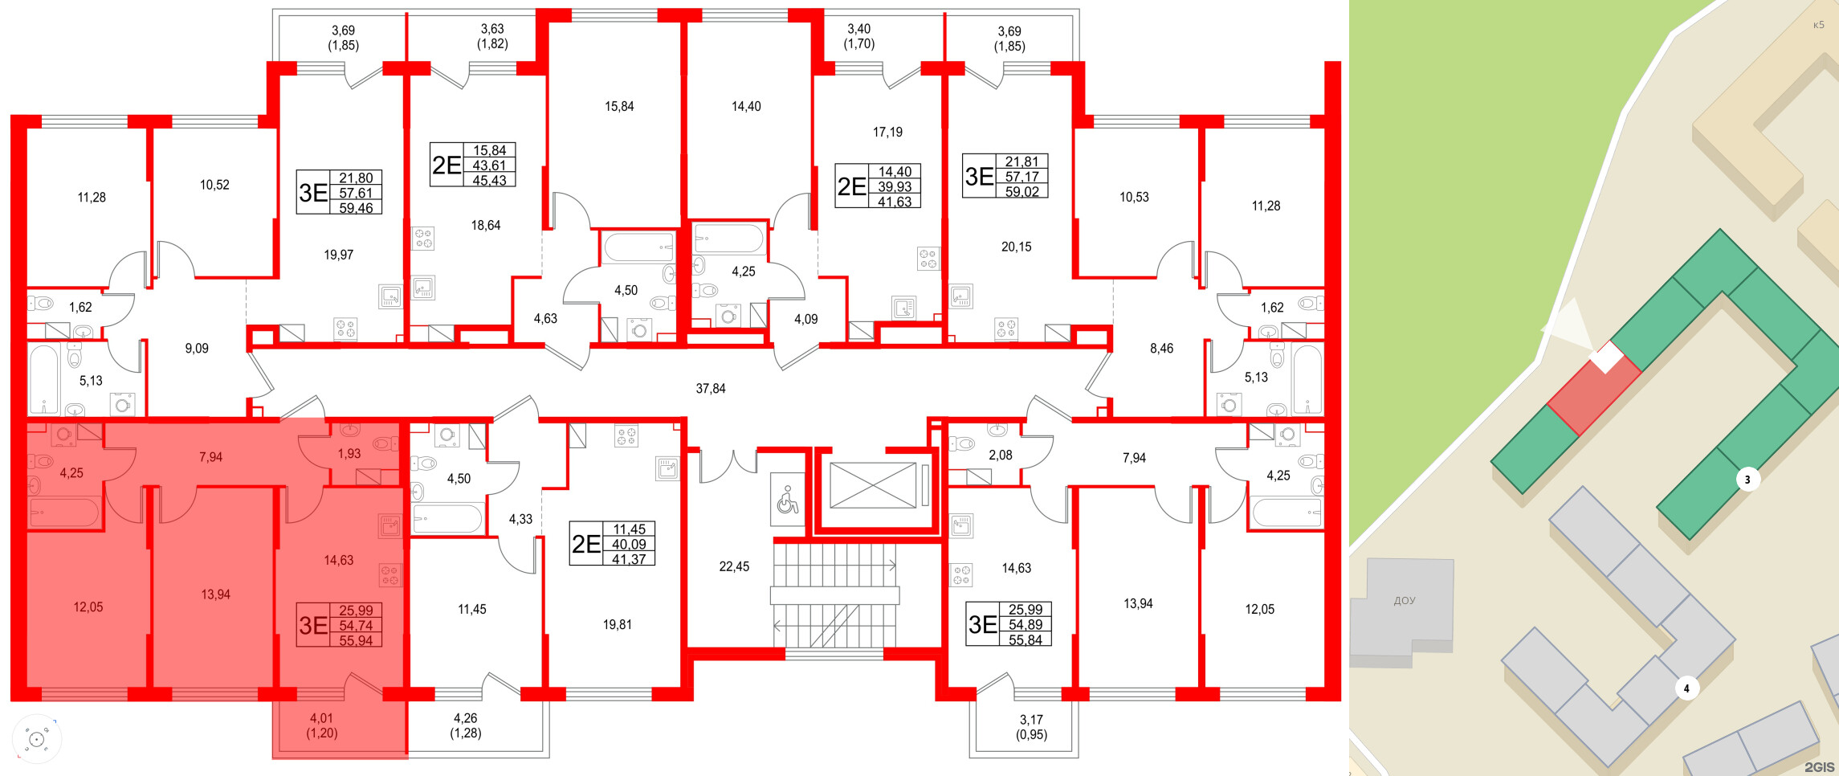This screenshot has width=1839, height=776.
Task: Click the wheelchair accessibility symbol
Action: pyautogui.click(x=787, y=500)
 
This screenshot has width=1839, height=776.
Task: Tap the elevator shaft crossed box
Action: pyautogui.click(x=873, y=485)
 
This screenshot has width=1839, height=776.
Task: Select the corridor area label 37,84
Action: pyautogui.click(x=710, y=389)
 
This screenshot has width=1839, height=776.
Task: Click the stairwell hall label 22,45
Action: pyautogui.click(x=734, y=567)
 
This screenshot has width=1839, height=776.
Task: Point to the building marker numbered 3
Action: pyautogui.click(x=1747, y=480)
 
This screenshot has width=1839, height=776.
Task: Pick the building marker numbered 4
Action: pyautogui.click(x=1686, y=688)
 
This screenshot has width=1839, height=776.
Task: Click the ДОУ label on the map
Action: pyautogui.click(x=1405, y=601)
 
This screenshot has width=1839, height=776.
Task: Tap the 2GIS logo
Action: pyautogui.click(x=1819, y=767)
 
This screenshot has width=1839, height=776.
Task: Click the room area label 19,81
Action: pyautogui.click(x=617, y=625)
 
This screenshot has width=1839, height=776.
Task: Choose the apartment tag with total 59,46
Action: pyautogui.click(x=339, y=193)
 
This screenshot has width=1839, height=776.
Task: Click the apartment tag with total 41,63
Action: pyautogui.click(x=878, y=186)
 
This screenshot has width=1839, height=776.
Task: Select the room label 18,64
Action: pyautogui.click(x=485, y=226)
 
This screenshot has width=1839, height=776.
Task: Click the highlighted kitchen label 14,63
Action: pyautogui.click(x=338, y=561)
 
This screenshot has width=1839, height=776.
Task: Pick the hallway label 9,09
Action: pyautogui.click(x=196, y=349)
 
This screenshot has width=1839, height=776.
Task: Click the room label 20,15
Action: pyautogui.click(x=1016, y=247)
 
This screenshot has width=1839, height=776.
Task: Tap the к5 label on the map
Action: pyautogui.click(x=1818, y=25)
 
